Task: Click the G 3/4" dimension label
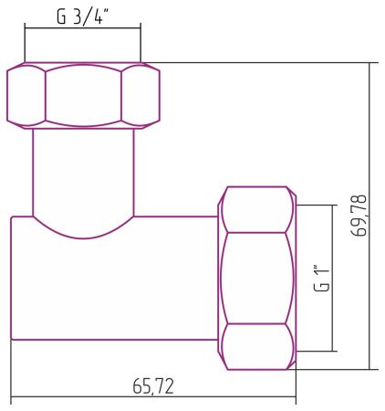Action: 82,16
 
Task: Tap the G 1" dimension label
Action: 321,278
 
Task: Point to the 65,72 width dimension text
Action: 153,386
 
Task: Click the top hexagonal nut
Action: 83,94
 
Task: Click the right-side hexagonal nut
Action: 258,278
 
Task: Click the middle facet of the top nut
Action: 83,94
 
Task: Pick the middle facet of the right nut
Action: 258,278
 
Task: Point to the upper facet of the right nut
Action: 258,209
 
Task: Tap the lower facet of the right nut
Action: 258,347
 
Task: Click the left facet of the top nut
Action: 26,94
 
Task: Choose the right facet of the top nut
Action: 140,94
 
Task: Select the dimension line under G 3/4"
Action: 83,29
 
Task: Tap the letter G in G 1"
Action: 321,288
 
